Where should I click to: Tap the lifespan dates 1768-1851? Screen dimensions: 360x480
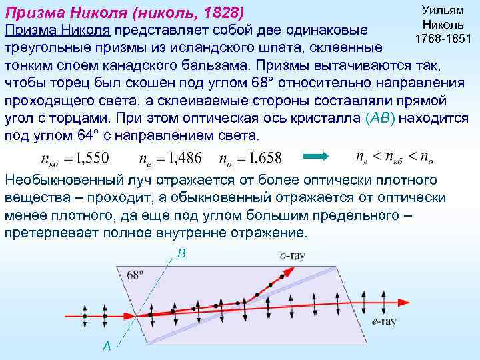(x=442, y=38)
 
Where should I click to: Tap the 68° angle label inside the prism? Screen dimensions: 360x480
(x=135, y=274)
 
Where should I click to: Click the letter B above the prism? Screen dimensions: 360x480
(x=181, y=253)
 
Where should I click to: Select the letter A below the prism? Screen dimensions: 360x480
(x=107, y=345)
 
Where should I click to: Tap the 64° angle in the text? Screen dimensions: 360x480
(x=71, y=135)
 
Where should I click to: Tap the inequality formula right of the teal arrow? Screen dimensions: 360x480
(x=394, y=157)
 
